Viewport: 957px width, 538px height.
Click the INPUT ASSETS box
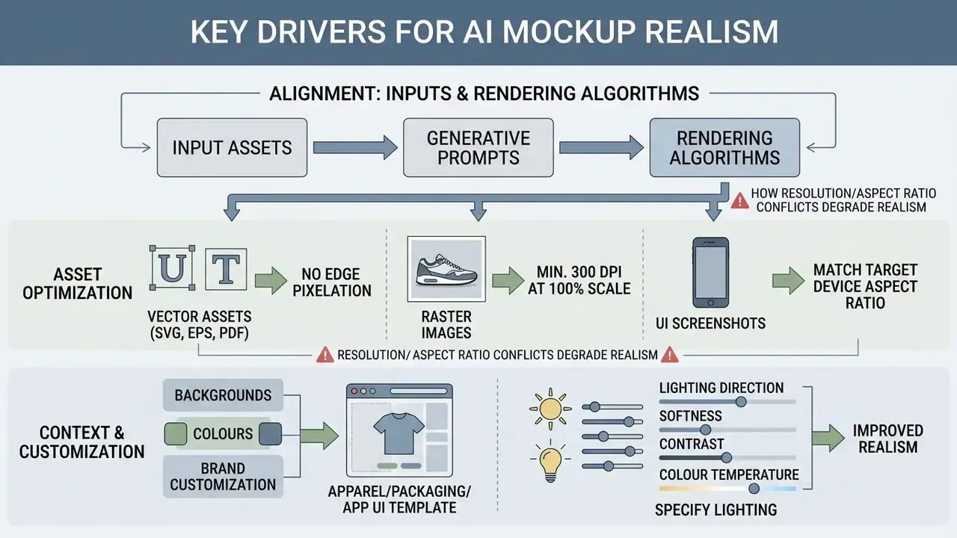tap(232, 148)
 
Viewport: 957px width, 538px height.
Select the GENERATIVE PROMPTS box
tap(478, 148)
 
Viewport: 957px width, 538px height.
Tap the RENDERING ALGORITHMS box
tap(724, 148)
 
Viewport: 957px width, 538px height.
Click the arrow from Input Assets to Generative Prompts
tap(355, 148)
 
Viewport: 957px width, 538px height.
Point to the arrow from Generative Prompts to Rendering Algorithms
tap(601, 148)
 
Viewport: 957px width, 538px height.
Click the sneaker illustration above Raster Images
tap(446, 270)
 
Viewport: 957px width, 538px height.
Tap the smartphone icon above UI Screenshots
tap(710, 273)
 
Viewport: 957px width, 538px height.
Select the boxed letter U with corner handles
tap(172, 268)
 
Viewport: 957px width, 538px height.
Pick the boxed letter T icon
tap(226, 269)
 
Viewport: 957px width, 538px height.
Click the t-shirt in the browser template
tap(399, 433)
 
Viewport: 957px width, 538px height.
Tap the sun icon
tap(550, 409)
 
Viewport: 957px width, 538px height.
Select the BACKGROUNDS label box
tap(223, 395)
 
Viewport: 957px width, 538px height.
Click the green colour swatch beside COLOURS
tap(176, 434)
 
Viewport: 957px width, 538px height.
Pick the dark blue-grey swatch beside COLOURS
tap(270, 434)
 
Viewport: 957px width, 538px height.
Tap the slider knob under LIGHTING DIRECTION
tap(741, 402)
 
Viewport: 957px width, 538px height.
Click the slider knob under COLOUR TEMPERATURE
tap(754, 489)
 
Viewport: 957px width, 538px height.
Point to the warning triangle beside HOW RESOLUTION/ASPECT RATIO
tap(739, 201)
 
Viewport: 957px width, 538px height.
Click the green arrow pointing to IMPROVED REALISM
tap(828, 438)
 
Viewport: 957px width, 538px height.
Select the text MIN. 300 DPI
tap(579, 272)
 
